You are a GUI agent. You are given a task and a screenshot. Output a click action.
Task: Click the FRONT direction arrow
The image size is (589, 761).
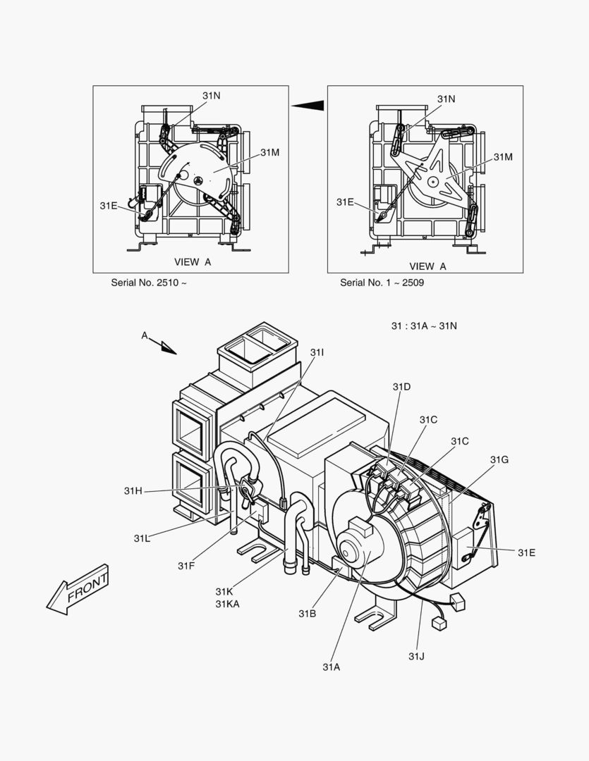pyautogui.click(x=78, y=588)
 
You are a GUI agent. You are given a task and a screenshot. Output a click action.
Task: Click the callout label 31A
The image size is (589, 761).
pyautogui.click(x=332, y=667)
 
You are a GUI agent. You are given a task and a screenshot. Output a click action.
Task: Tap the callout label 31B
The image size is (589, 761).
pyautogui.click(x=307, y=613)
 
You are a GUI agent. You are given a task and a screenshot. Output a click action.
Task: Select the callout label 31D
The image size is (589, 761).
pyautogui.click(x=401, y=387)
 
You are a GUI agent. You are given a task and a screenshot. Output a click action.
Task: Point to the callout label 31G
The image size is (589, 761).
pyautogui.click(x=499, y=459)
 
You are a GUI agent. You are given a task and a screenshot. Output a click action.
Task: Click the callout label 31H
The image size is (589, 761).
pyautogui.click(x=133, y=490)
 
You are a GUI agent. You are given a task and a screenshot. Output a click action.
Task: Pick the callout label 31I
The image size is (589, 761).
pyautogui.click(x=317, y=352)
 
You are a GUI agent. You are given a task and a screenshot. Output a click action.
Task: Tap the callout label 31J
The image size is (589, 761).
pyautogui.click(x=416, y=656)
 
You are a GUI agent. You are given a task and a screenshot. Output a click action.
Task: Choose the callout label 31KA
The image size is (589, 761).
pyautogui.click(x=227, y=603)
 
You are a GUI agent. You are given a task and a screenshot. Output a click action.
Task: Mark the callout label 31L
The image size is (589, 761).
pyautogui.click(x=142, y=538)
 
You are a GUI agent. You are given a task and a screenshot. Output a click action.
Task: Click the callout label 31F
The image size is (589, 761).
pyautogui.click(x=186, y=565)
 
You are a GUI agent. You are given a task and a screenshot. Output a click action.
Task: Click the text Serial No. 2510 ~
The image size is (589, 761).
pyautogui.click(x=148, y=283)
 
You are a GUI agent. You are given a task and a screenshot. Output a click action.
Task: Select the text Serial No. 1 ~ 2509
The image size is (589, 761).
pyautogui.click(x=382, y=283)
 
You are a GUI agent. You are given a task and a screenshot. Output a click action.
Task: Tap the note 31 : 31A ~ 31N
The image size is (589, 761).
pyautogui.click(x=424, y=326)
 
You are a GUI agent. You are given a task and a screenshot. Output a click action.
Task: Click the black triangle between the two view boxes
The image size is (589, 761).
pyautogui.click(x=308, y=106)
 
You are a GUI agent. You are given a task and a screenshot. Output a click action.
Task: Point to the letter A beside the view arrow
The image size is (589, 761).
pyautogui.click(x=145, y=335)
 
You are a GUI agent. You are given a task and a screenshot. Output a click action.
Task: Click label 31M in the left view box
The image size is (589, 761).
pyautogui.click(x=269, y=152)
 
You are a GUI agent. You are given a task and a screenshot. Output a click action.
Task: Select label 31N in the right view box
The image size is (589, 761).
pyautogui.click(x=446, y=99)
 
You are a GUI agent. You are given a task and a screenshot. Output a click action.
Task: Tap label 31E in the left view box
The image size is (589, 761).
pyautogui.click(x=109, y=205)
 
